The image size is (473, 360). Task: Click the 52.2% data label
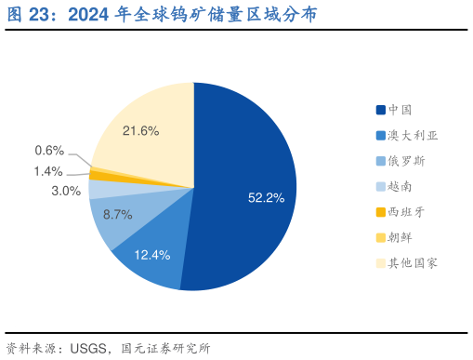coord(266,196)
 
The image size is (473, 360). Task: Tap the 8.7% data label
coord(117,214)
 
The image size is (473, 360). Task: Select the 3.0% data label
coord(66,191)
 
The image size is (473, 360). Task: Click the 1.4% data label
coord(47,171)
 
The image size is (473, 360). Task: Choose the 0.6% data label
coord(49,151)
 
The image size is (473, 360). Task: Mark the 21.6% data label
coord(140,131)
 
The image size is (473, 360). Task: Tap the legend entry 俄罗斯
coord(407,161)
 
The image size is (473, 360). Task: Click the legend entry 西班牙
coord(407,212)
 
